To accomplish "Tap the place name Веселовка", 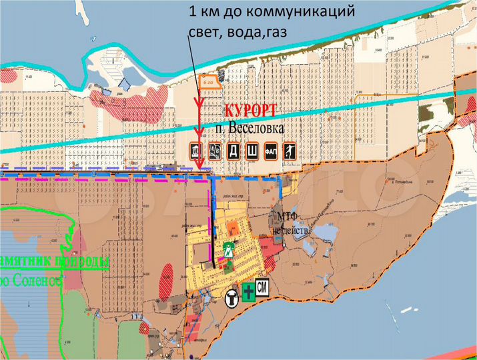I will (255, 127).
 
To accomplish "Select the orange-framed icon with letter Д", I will (235, 151).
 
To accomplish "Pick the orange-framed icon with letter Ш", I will (253, 151).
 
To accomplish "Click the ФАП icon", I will (272, 151).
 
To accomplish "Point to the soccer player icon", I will (290, 151).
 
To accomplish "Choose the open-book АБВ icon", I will (215, 151).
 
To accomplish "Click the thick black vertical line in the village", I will (213, 213).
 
